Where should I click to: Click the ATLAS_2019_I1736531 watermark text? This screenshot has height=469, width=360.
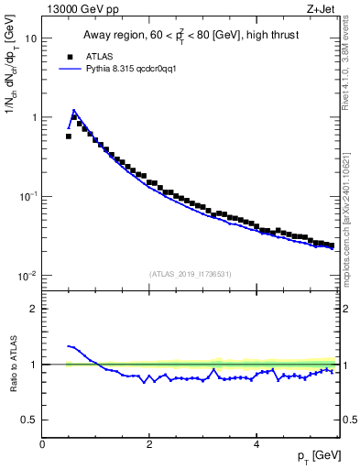tap(191, 273)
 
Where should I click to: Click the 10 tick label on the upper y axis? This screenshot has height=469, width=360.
tap(31, 38)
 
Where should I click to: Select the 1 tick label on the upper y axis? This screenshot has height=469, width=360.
tap(34, 117)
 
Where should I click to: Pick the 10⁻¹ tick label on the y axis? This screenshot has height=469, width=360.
tap(28, 196)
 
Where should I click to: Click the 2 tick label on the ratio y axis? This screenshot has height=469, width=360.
tap(34, 309)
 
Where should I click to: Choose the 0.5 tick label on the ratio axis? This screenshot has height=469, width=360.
tap(30, 420)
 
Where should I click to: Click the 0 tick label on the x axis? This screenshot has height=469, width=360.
tap(43, 443)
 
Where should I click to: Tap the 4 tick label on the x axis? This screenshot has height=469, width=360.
tap(256, 443)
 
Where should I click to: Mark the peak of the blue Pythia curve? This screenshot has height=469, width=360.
tap(74, 111)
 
